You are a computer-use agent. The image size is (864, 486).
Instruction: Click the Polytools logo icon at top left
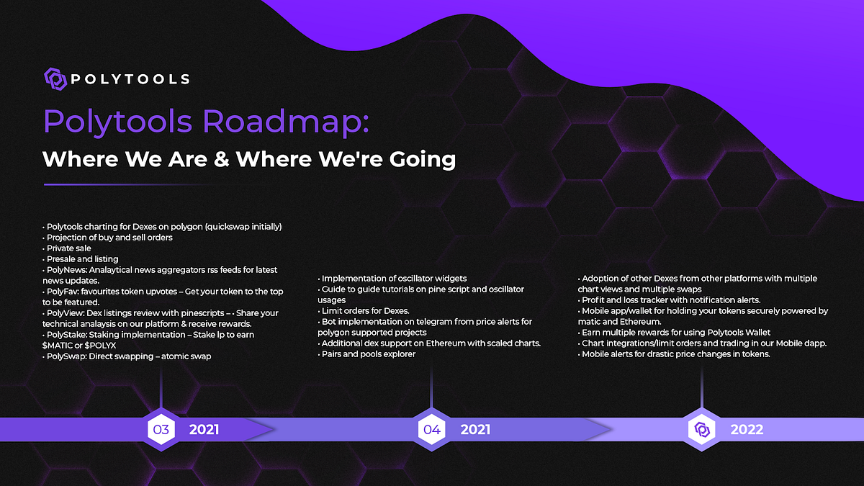point(55,78)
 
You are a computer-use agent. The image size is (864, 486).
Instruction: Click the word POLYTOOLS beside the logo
point(130,78)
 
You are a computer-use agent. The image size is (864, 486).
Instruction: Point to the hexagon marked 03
point(161,430)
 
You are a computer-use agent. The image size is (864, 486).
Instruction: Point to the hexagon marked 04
point(431,430)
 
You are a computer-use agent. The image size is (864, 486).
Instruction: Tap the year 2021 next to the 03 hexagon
point(204,430)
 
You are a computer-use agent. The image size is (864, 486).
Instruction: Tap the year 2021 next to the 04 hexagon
point(475,430)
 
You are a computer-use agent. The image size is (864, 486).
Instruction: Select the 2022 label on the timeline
point(747,430)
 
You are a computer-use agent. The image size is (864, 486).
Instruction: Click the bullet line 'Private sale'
point(68,248)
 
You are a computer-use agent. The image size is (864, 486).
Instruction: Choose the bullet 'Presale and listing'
point(81,259)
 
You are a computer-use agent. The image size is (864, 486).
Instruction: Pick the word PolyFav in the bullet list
point(61,292)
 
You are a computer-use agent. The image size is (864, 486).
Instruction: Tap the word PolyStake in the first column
point(66,335)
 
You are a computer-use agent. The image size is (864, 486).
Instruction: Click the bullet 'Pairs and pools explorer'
point(369,354)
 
